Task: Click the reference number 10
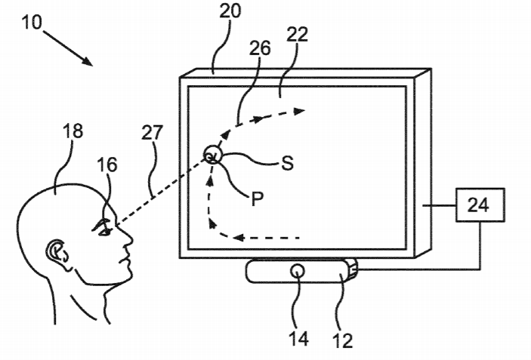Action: click(32, 22)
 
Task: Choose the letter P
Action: click(256, 202)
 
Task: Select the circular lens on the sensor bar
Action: click(298, 269)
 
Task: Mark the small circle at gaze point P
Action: click(213, 156)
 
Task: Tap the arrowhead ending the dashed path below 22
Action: click(301, 110)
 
